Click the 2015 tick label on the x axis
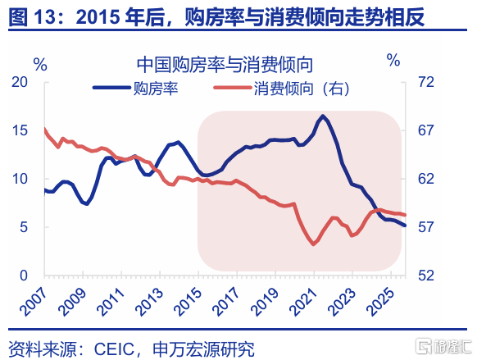pyautogui.click(x=188, y=301)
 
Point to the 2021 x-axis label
pyautogui.click(x=303, y=301)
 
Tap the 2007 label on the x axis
pyautogui.click(x=34, y=301)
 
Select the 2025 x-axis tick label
pyautogui.click(x=380, y=301)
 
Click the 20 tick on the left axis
pyautogui.click(x=20, y=82)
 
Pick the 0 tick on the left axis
pyautogui.click(x=24, y=276)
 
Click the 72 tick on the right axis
pyautogui.click(x=426, y=82)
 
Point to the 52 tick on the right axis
pyautogui.click(x=426, y=276)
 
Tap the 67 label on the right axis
pyautogui.click(x=426, y=130)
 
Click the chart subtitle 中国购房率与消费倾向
pyautogui.click(x=225, y=65)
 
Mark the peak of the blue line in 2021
pyautogui.click(x=322, y=116)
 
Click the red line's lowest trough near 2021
pyautogui.click(x=314, y=244)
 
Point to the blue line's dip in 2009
pyautogui.click(x=87, y=203)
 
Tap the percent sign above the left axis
pyautogui.click(x=40, y=64)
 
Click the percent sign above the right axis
pyautogui.click(x=393, y=60)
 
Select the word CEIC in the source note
pyautogui.click(x=114, y=349)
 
